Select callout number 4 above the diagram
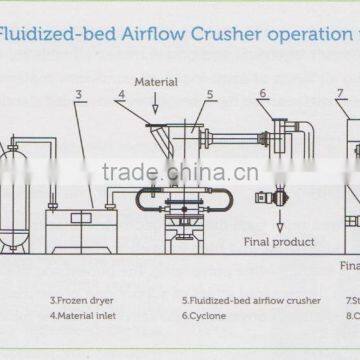pyautogui.click(x=119, y=95)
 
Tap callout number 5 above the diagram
pyautogui.click(x=209, y=95)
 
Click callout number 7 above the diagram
pyautogui.click(x=340, y=93)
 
